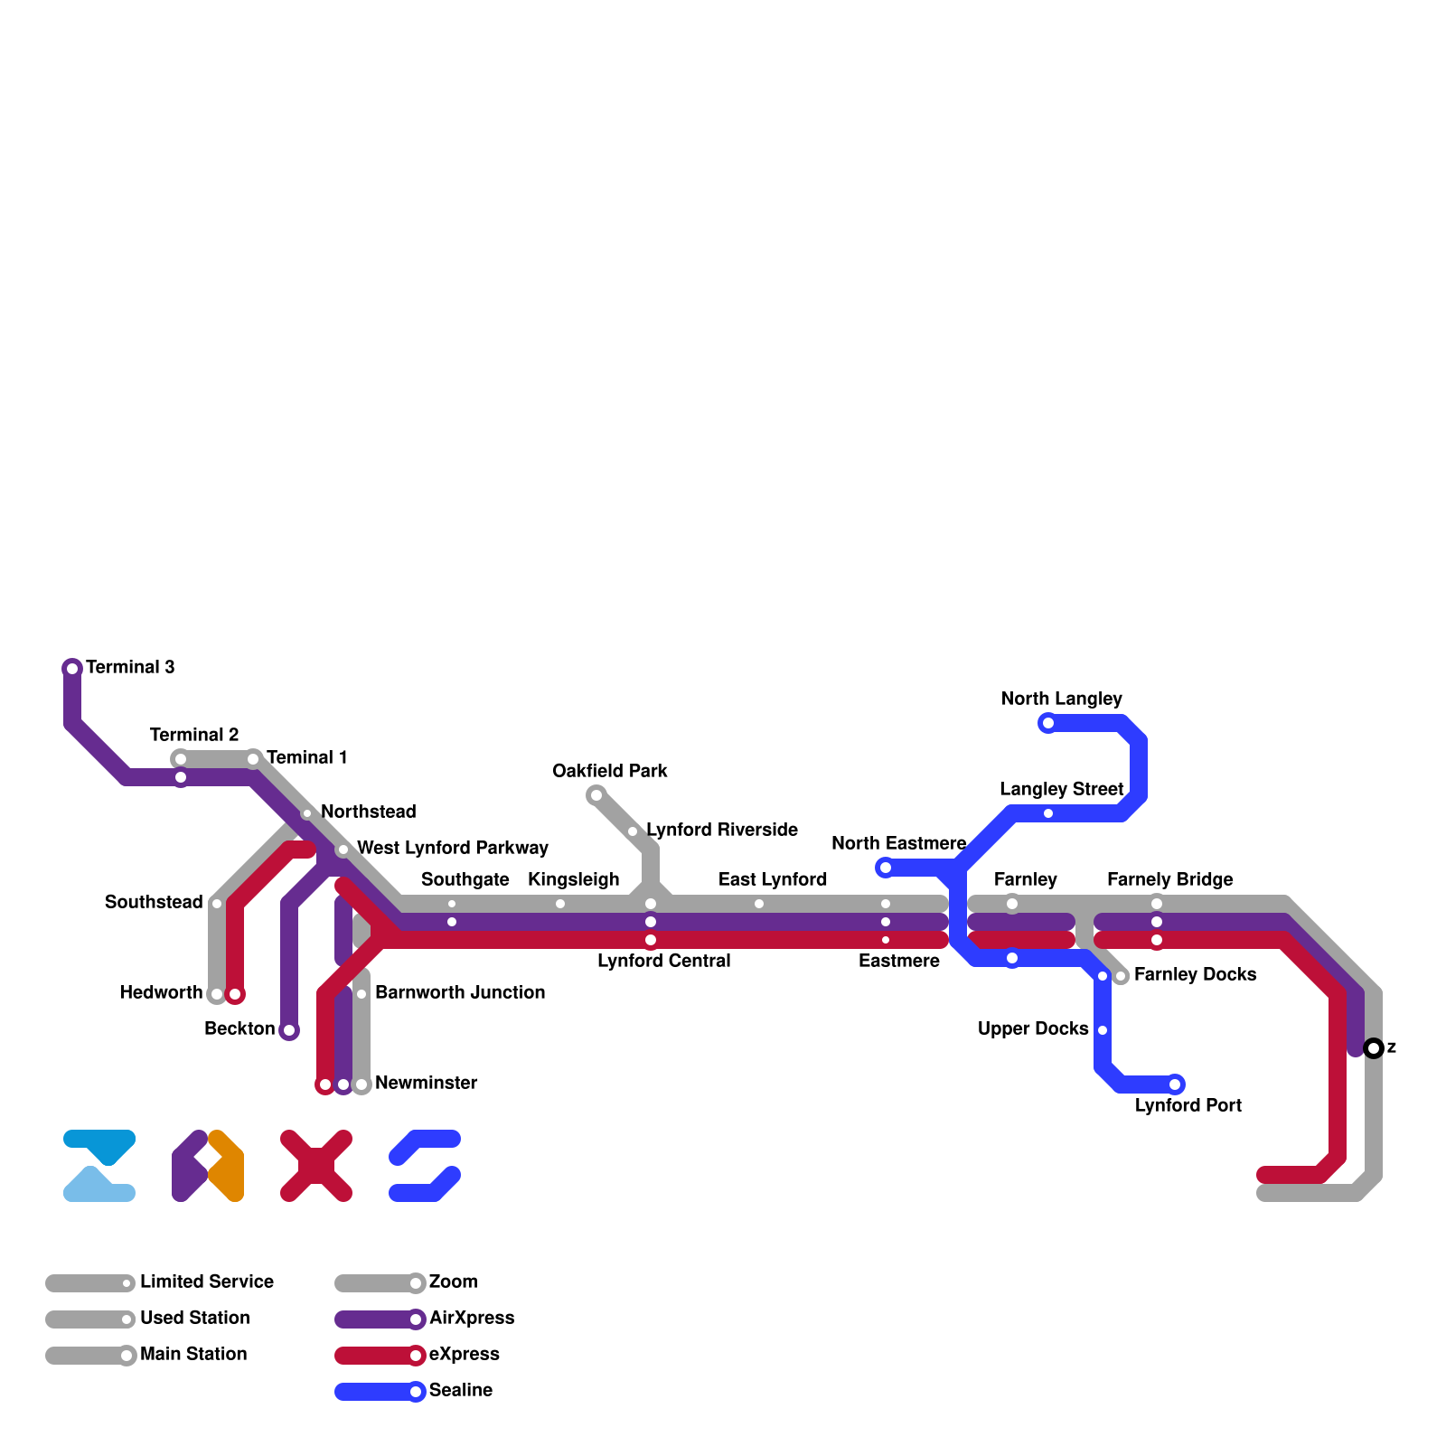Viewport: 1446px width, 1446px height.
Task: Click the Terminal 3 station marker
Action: coord(72,669)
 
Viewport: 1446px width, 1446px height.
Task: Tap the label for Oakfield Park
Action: coord(610,771)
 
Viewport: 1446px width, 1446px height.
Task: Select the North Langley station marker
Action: coord(1048,723)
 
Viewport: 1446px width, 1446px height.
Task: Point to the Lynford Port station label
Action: coord(1188,1105)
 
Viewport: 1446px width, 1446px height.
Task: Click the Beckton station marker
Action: coord(289,1030)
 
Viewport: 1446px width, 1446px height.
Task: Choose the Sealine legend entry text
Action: coord(461,1390)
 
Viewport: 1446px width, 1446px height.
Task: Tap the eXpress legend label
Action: coord(465,1354)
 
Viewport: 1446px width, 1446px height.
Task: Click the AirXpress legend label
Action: coord(472,1318)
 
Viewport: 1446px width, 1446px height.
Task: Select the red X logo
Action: coord(316,1166)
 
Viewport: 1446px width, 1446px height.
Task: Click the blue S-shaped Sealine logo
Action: coord(425,1166)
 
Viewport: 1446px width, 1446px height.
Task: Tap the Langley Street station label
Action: coord(1061,789)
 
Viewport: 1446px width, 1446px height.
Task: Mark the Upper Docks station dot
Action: coord(1103,1030)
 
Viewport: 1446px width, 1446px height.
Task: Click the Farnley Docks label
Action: coord(1195,974)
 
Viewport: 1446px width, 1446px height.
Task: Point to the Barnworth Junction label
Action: coord(460,992)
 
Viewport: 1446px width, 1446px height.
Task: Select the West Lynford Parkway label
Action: coord(453,848)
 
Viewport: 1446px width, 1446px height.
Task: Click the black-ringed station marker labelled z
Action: coord(1374,1048)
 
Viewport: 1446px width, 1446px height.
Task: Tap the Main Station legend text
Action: coord(193,1354)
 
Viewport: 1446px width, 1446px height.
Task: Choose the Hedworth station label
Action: coord(162,992)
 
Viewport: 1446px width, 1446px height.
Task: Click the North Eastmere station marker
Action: coord(886,868)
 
